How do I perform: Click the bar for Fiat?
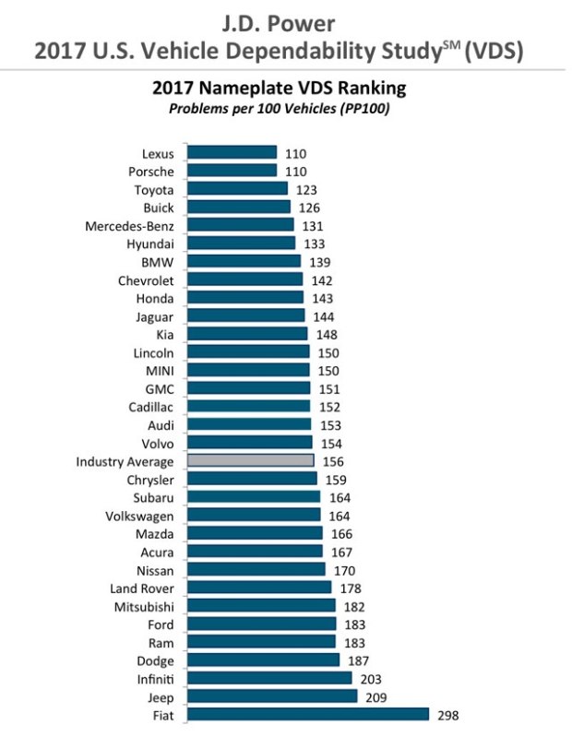[308, 715]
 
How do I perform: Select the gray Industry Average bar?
[251, 461]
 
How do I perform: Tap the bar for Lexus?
[232, 153]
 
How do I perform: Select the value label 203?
[368, 678]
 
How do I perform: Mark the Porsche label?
[151, 172]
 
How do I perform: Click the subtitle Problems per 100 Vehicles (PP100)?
[278, 109]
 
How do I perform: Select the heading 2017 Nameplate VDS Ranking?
[278, 89]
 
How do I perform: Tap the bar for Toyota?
[237, 189]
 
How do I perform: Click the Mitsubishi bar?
[261, 606]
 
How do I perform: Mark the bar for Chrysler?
[252, 480]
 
